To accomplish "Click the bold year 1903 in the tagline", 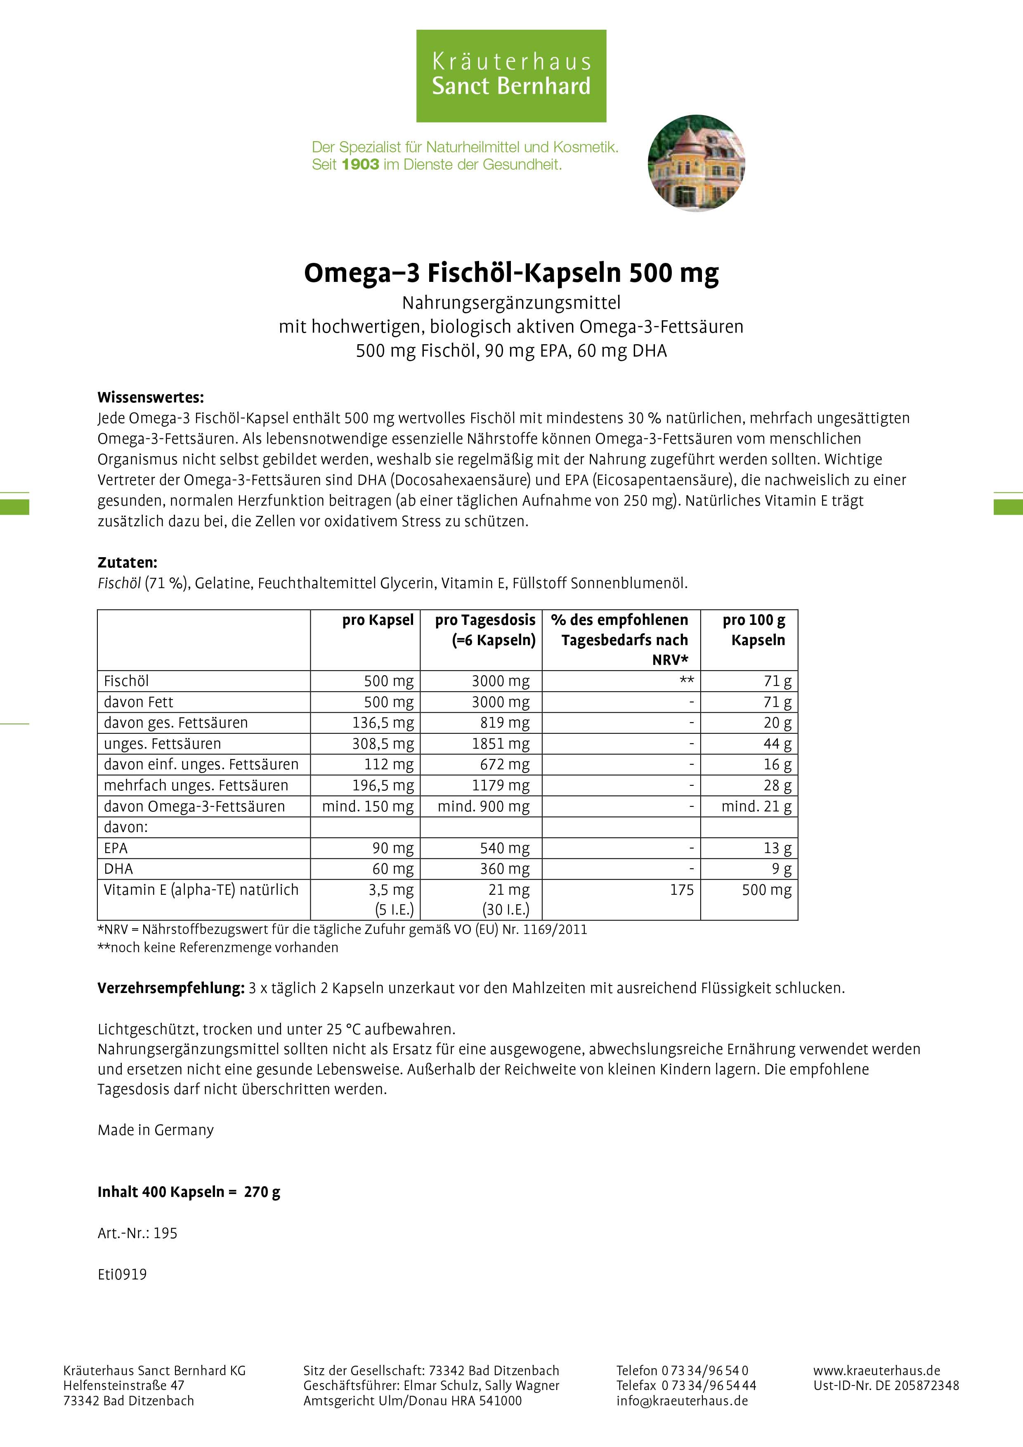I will tap(361, 165).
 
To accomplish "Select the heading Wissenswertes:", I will tap(151, 398).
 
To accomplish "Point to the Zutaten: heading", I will tap(128, 562).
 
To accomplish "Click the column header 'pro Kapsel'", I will tap(378, 620).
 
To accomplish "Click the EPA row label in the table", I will tap(116, 848).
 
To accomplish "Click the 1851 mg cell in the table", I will tap(501, 744).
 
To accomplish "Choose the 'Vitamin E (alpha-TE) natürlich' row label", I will tap(201, 890).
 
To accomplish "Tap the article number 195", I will tap(165, 1233).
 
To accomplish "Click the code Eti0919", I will tap(122, 1274).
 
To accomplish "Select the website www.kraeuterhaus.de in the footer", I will tap(876, 1371).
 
